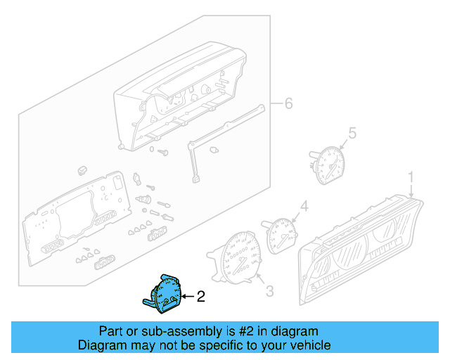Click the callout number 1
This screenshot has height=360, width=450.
pyautogui.click(x=412, y=177)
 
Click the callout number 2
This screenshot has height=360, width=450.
pyautogui.click(x=200, y=297)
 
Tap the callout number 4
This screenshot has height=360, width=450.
pyautogui.click(x=304, y=206)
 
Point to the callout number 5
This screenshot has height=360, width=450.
pyautogui.click(x=353, y=131)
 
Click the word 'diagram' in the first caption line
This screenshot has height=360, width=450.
pyautogui.click(x=294, y=330)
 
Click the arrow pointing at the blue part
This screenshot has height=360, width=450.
pyautogui.click(x=186, y=297)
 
